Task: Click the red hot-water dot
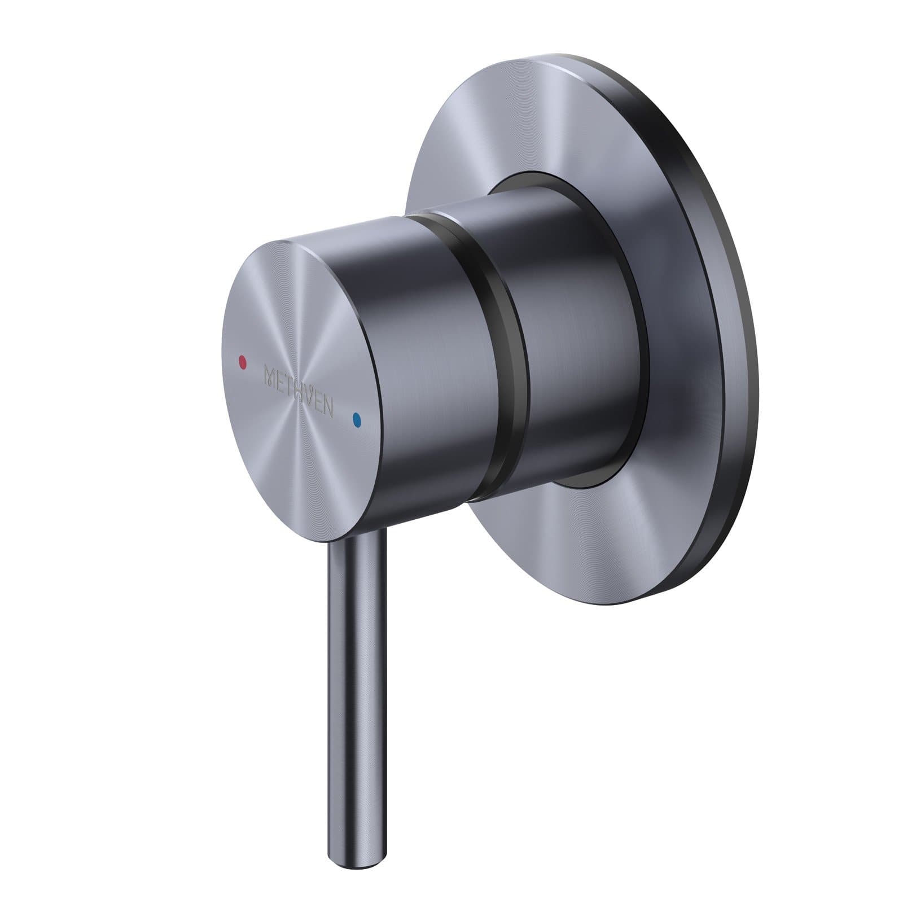(243, 360)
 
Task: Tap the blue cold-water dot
(356, 419)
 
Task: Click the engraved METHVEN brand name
(299, 390)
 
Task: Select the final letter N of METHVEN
(335, 409)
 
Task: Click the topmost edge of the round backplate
(542, 56)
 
